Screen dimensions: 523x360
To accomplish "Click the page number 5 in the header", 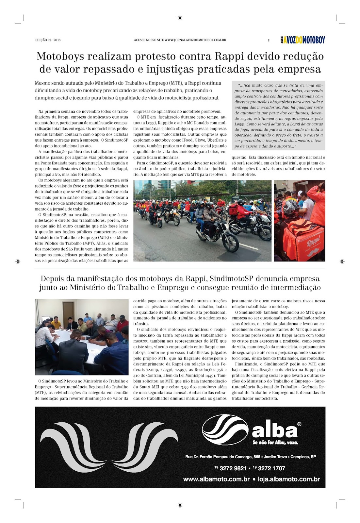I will tap(269, 41).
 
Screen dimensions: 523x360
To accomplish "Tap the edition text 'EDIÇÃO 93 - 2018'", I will tap(48, 40).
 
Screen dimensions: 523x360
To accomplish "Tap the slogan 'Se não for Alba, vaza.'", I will tap(275, 443).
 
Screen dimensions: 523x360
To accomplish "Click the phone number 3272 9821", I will tap(233, 468).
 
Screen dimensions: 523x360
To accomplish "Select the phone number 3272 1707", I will tap(271, 468).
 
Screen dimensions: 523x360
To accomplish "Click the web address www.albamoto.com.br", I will tap(216, 479).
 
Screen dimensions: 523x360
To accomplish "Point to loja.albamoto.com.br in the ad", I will tap(289, 479).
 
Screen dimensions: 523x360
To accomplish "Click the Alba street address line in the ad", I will tap(250, 457).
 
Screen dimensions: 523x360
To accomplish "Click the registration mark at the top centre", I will tap(180, 18).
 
